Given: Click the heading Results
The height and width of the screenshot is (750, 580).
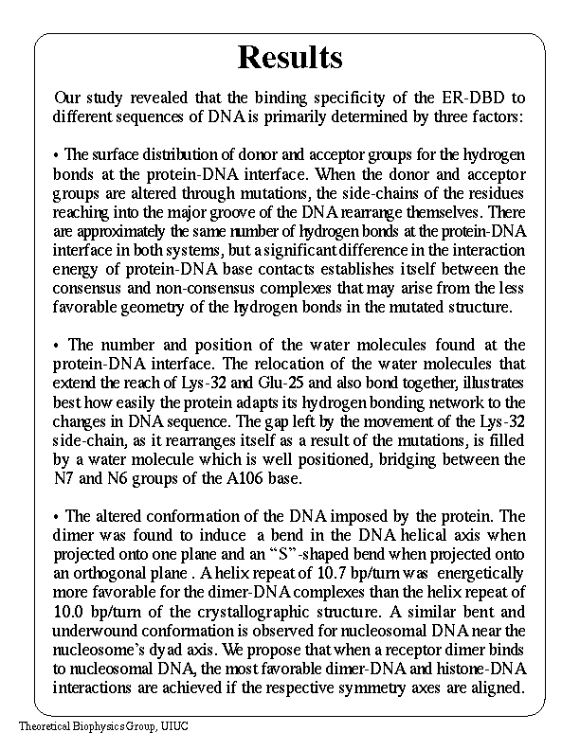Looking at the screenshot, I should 289,57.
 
